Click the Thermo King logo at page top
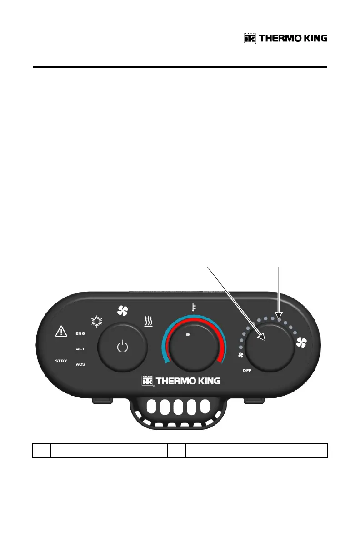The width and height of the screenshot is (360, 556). pos(285,38)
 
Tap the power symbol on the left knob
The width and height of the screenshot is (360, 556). pos(123,348)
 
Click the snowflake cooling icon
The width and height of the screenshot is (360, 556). pos(96,323)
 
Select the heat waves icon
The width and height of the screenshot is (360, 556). pos(149,322)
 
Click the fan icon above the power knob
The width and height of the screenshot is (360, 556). pos(123,311)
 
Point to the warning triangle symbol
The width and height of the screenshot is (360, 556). pos(60,332)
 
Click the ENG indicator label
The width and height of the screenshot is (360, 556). pos(80,333)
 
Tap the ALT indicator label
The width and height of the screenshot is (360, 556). pos(80,348)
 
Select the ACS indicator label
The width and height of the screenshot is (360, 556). pos(80,364)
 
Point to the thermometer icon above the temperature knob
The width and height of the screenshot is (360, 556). pos(193,308)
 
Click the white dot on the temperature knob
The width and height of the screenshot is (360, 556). pos(188,334)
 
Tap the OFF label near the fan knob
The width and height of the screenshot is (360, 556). pos(247,371)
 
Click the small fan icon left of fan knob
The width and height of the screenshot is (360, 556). pos(241,356)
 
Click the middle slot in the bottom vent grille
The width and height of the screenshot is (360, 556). pos(180,407)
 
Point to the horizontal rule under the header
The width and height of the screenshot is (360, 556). pos(180,67)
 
